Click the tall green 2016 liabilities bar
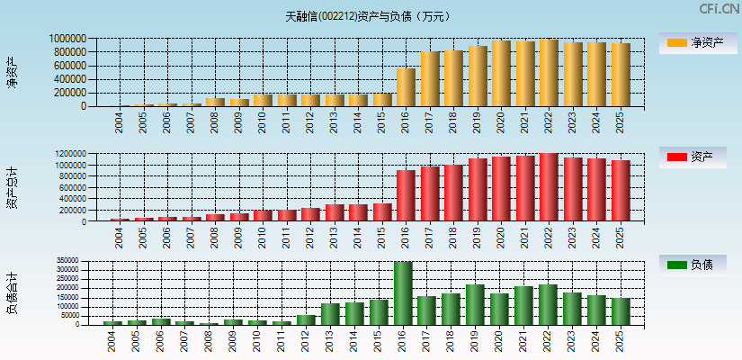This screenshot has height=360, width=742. (x=403, y=293)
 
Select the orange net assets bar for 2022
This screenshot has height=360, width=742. (x=549, y=73)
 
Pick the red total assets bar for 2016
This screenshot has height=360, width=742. (x=406, y=195)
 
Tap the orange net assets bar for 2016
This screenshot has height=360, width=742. (x=406, y=87)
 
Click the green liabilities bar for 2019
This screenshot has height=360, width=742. (x=475, y=304)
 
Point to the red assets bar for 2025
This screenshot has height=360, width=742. (x=621, y=190)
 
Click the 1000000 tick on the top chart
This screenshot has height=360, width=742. (x=68, y=39)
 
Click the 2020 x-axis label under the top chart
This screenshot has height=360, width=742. (x=500, y=122)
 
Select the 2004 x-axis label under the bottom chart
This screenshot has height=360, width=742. (x=112, y=340)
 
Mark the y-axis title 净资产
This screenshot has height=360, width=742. (x=12, y=71)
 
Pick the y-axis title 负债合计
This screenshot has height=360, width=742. (x=12, y=293)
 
